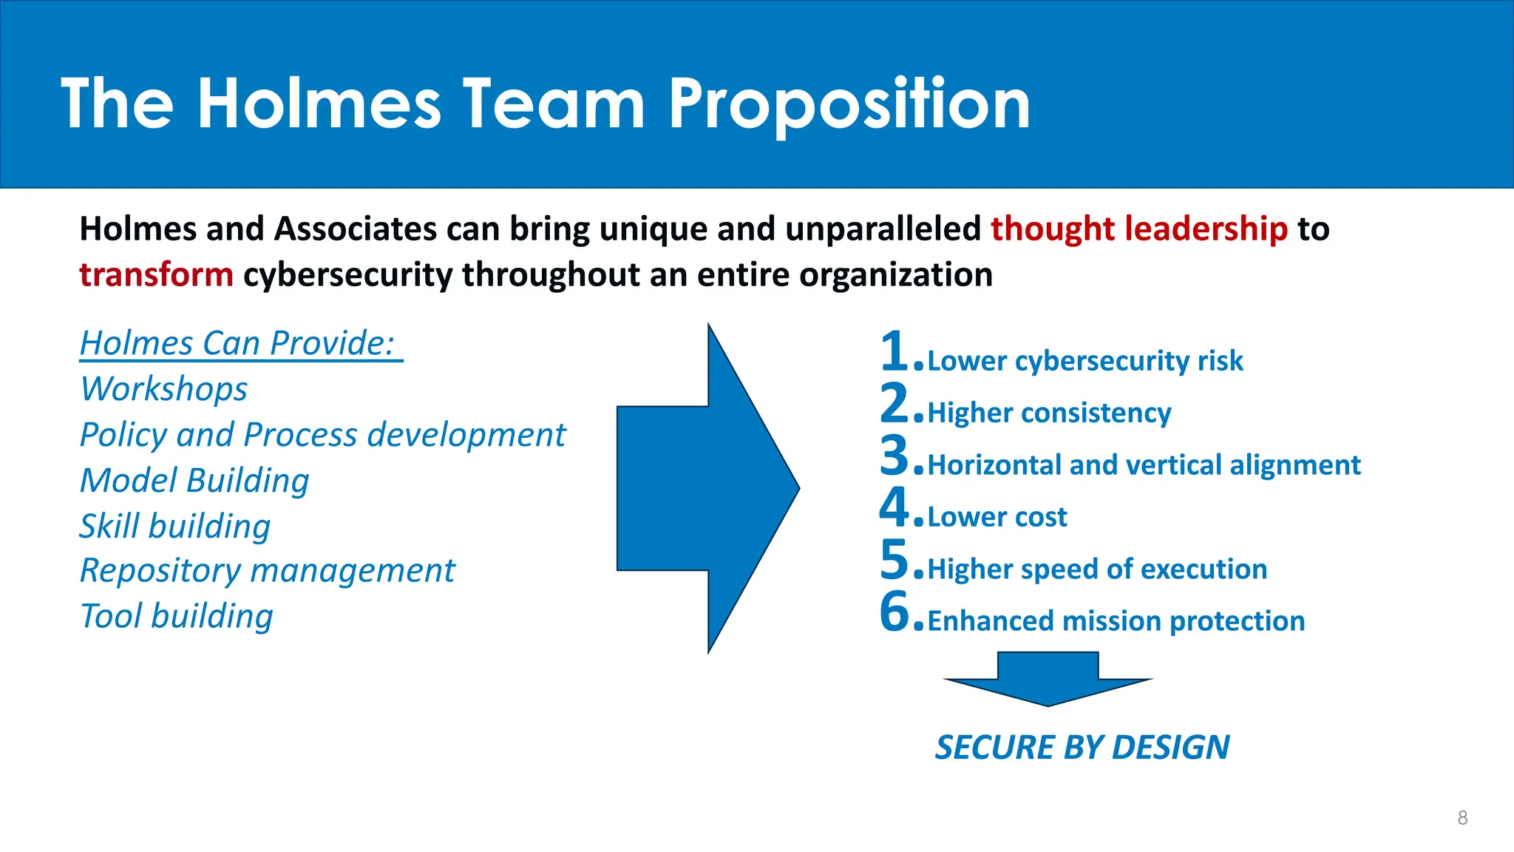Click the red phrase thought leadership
1139,229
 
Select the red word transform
157,275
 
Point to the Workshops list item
164,389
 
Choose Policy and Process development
322,435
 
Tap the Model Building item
194,481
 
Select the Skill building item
175,526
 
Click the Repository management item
268,571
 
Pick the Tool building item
177,616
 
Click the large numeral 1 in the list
895,351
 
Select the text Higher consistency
1049,413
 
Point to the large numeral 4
895,507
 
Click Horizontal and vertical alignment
1144,465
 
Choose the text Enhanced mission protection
1116,621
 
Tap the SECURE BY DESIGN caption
1082,748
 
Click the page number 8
1462,818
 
